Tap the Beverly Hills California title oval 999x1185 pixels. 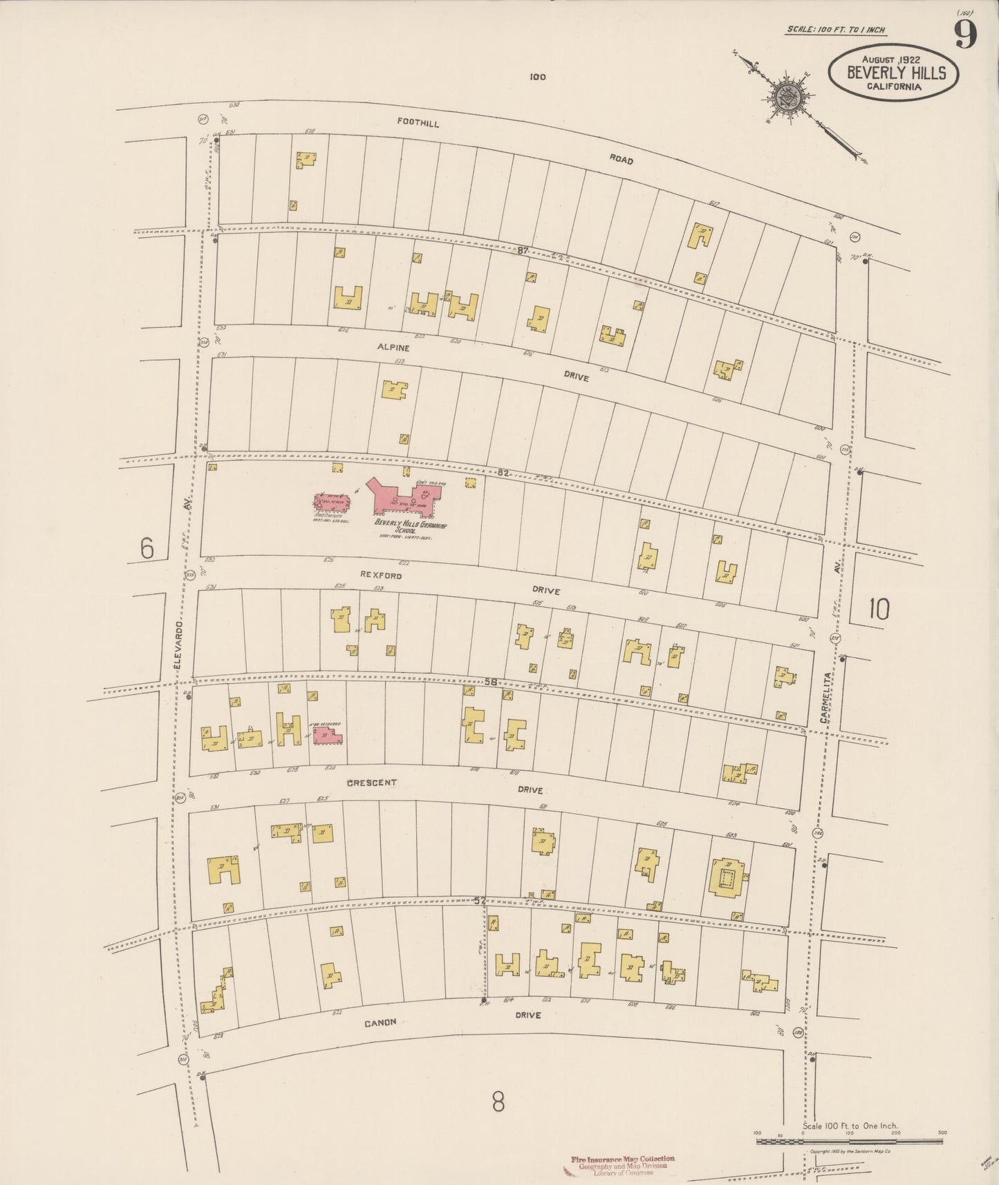(895, 73)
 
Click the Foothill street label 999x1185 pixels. (418, 122)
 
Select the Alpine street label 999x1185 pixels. (393, 348)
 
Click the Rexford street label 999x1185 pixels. (380, 575)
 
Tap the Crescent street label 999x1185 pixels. (371, 783)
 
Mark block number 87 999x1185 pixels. (523, 251)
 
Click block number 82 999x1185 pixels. (503, 473)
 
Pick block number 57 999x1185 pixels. (481, 901)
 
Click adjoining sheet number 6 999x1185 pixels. (147, 548)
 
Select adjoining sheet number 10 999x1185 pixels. (879, 609)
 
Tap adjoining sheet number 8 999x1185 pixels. (498, 1102)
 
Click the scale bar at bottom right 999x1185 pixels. (850, 1141)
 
